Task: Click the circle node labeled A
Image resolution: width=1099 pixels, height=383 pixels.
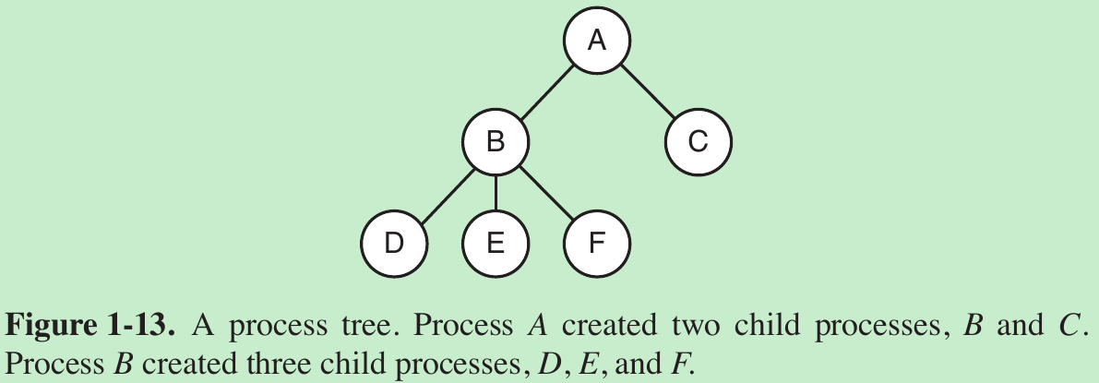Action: click(x=597, y=41)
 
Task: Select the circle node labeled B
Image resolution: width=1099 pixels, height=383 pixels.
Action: click(x=496, y=142)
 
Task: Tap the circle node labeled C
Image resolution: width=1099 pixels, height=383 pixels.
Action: click(x=699, y=142)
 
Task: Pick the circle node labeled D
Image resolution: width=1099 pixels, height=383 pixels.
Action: click(x=394, y=244)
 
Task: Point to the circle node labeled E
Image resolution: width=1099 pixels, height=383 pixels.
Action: click(x=496, y=244)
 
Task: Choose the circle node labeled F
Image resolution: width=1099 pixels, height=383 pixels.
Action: click(x=597, y=244)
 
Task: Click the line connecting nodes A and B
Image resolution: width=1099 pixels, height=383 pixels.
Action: click(x=546, y=91)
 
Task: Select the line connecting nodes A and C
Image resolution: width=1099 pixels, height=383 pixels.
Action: click(x=648, y=91)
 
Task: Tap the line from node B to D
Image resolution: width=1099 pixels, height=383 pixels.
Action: click(x=445, y=193)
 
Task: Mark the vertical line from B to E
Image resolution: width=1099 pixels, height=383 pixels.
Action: click(x=496, y=193)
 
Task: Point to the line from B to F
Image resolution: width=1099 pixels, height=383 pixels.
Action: click(x=546, y=193)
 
